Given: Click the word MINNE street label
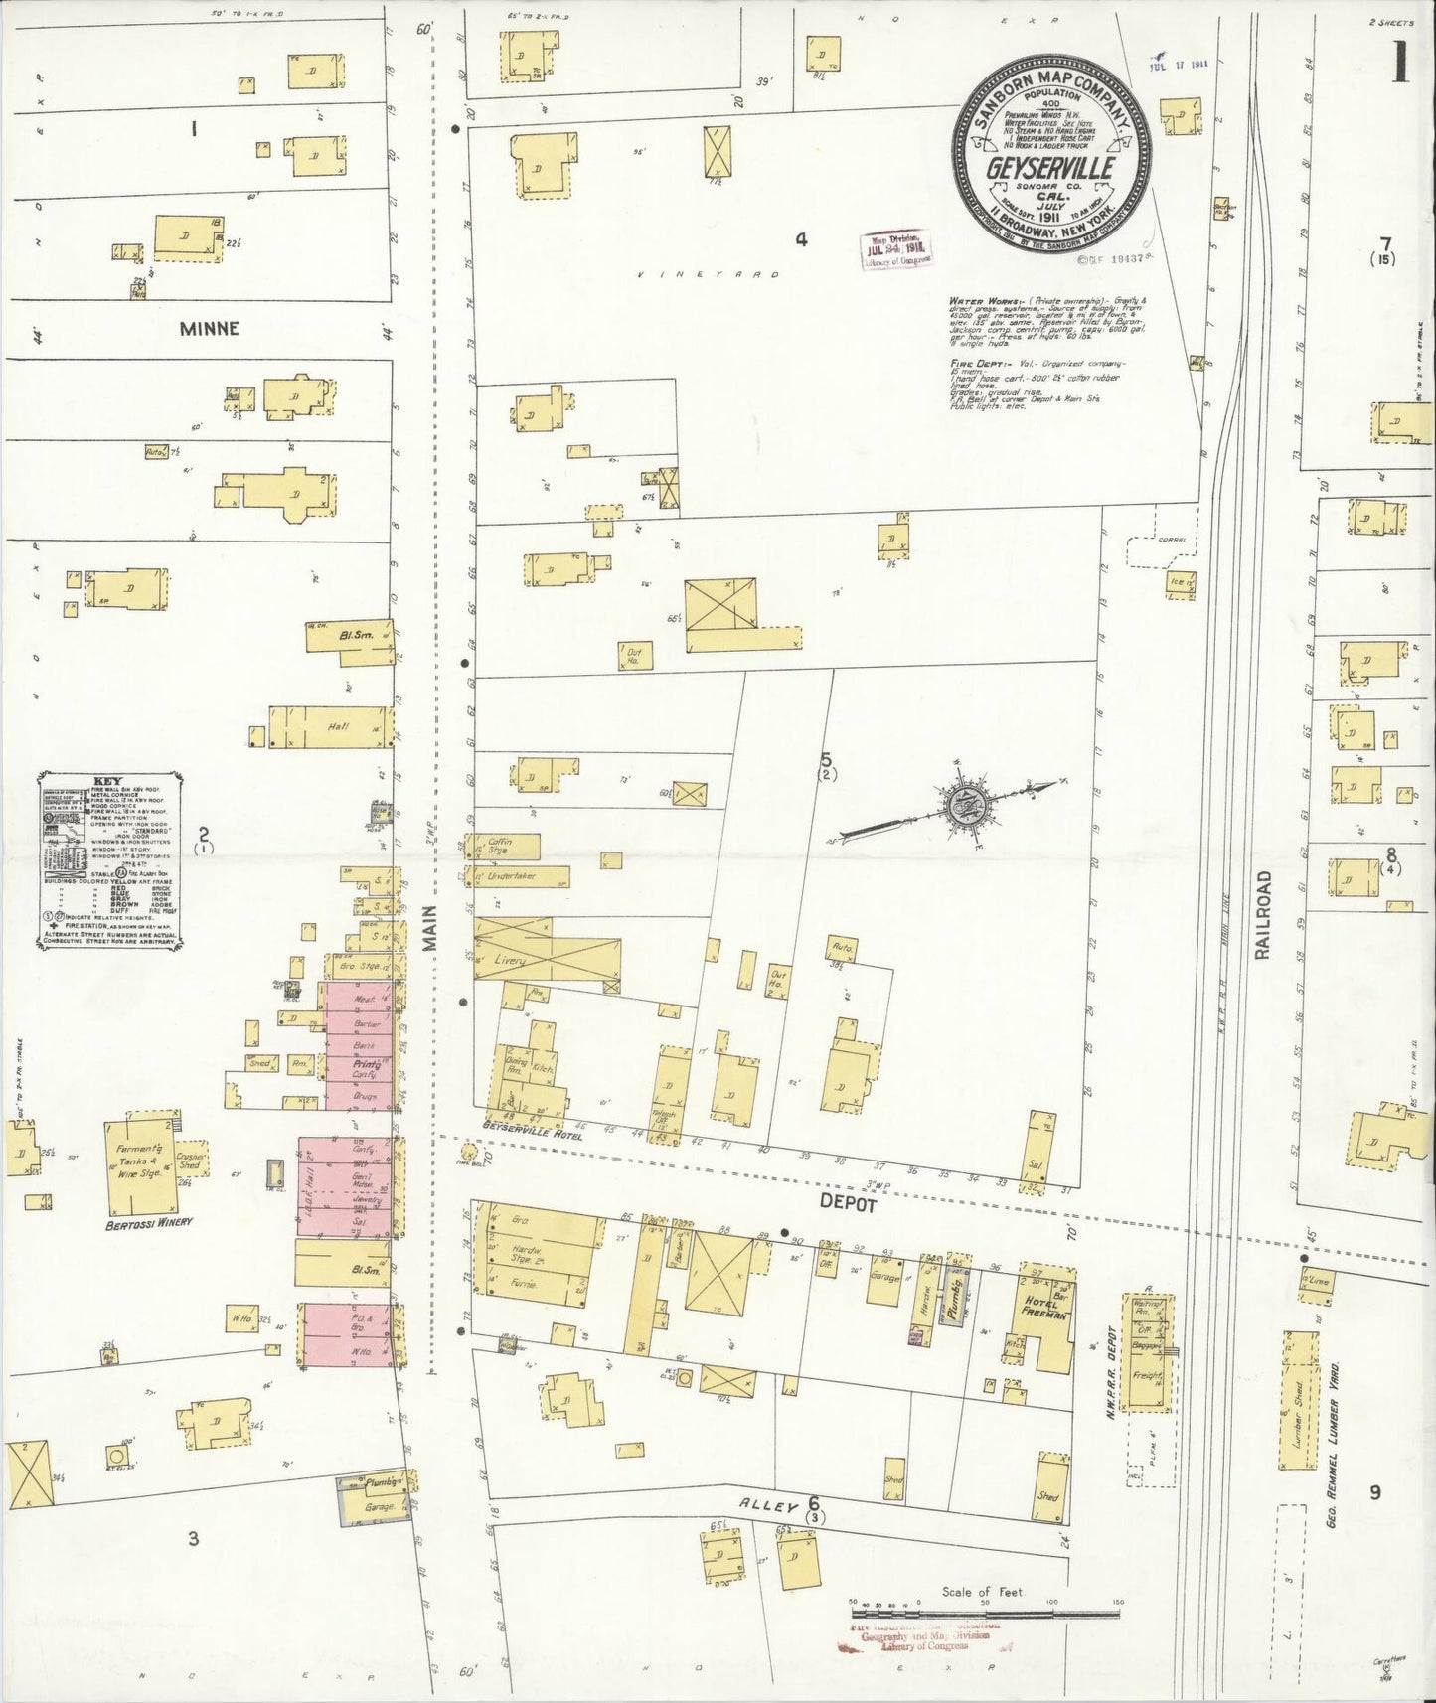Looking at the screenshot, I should pos(210,328).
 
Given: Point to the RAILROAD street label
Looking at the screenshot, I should pos(1262,915).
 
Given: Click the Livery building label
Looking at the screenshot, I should pos(508,961).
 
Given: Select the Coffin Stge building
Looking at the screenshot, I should pos(508,847).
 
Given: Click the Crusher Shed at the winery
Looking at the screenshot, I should pos(190,1161).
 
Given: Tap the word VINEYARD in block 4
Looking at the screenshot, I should pos(708,274).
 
